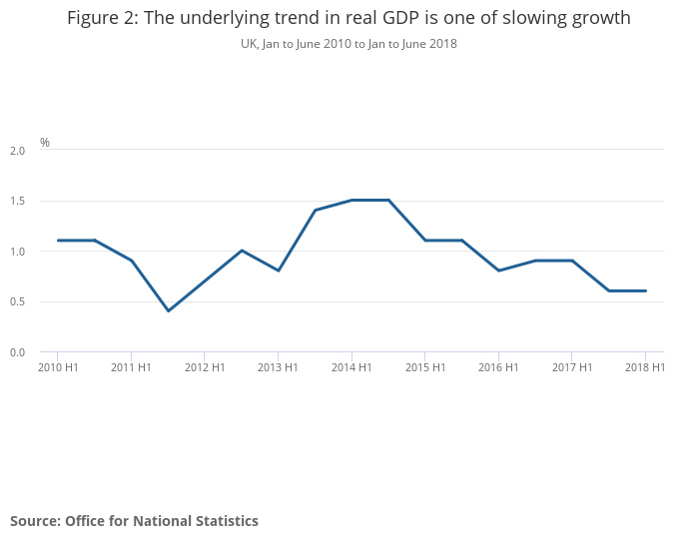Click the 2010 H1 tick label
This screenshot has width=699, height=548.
coord(57,367)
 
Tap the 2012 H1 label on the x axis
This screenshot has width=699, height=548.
coord(204,367)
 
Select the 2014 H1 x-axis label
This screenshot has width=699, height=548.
coord(351,367)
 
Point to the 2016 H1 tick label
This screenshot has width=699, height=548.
coord(498,367)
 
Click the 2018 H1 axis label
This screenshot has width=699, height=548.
coord(645,367)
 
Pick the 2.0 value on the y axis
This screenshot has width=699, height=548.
coord(17,151)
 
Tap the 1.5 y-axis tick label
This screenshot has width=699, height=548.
coord(17,202)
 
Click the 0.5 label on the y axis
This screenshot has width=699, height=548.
coord(17,302)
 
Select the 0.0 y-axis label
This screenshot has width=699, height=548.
coord(17,352)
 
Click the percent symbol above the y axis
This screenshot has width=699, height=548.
coord(45,143)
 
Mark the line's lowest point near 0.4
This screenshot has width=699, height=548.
coord(168,310)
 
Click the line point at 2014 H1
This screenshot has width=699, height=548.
coord(351,200)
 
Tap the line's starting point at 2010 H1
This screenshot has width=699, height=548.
coord(58,241)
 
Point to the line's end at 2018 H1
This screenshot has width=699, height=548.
coord(645,290)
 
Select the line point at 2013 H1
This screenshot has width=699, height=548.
coord(278,271)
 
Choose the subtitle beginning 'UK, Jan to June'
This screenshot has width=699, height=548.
coord(349,44)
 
